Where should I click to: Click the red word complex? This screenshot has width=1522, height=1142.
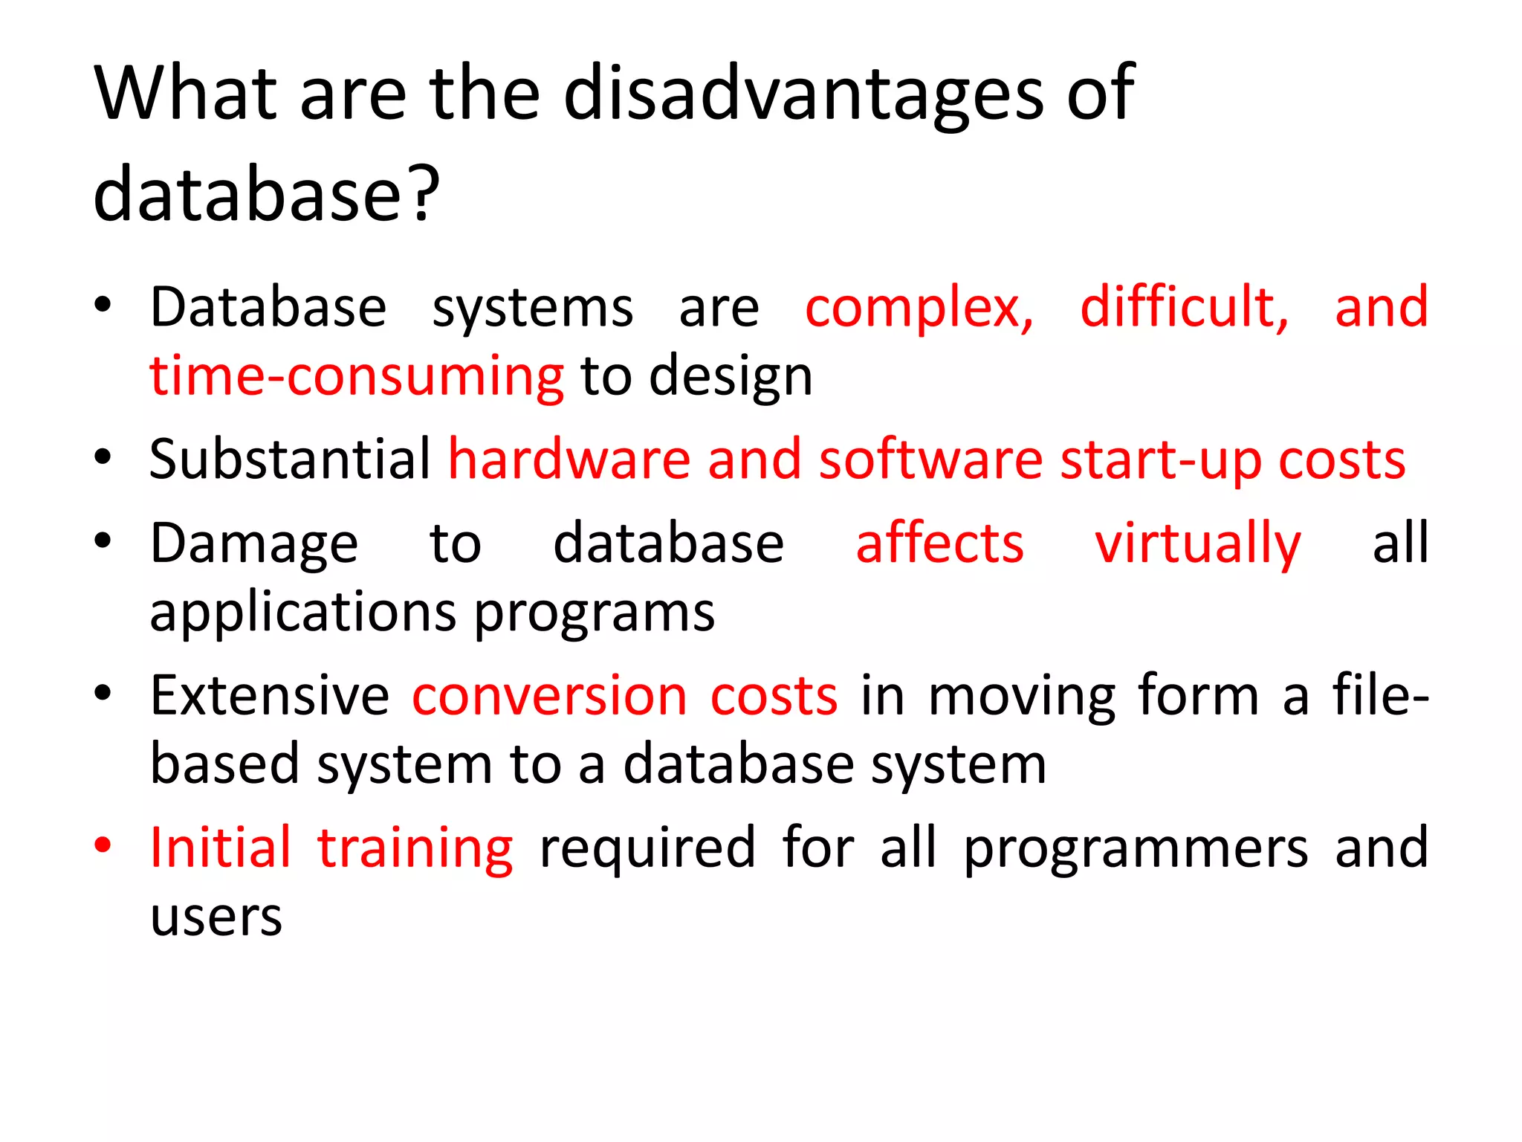click(919, 308)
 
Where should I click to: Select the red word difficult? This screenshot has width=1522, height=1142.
click(1184, 306)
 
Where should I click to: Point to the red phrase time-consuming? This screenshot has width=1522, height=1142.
click(357, 376)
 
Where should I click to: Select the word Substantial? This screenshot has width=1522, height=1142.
click(290, 459)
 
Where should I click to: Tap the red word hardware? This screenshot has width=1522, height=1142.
click(569, 459)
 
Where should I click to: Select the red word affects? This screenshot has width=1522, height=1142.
click(939, 543)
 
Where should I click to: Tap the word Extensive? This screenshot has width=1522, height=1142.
click(270, 696)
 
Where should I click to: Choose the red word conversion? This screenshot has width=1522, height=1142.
click(550, 696)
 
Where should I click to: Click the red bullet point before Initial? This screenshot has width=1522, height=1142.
click(103, 845)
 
